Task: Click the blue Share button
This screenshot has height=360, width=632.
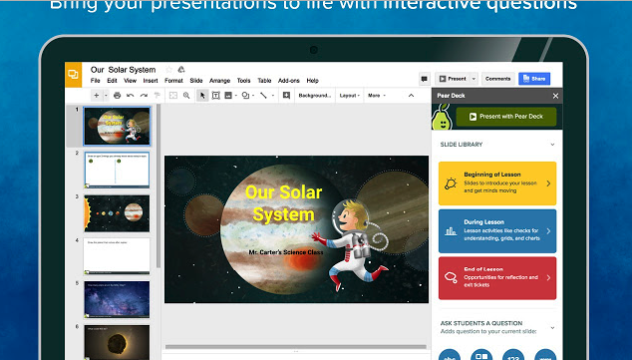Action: (534, 78)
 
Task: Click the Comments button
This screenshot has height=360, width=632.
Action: (497, 78)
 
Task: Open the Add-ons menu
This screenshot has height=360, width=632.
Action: (288, 80)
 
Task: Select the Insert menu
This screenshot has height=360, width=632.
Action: (151, 80)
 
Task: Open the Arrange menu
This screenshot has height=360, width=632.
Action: (219, 80)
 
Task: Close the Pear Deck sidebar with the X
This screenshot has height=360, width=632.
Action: (555, 96)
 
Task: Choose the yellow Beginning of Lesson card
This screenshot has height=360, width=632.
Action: (496, 183)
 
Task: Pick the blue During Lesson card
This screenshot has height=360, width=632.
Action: (496, 230)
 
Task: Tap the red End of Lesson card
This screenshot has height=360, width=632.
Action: (496, 277)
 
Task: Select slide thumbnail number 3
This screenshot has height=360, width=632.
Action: (116, 212)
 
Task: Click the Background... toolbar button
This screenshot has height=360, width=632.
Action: (314, 96)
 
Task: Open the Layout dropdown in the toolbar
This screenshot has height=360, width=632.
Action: (349, 96)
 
